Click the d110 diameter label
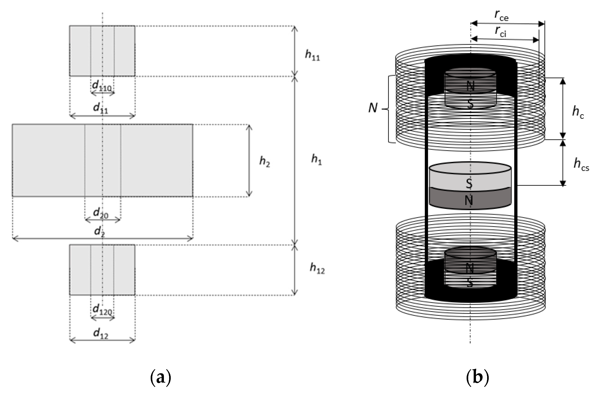pyautogui.click(x=102, y=86)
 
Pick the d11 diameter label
pyautogui.click(x=101, y=108)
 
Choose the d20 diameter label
pyautogui.click(x=101, y=213)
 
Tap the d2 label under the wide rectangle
pyautogui.click(x=99, y=231)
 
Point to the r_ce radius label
pyautogui.click(x=501, y=16)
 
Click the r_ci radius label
pyautogui.click(x=501, y=32)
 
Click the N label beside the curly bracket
pyautogui.click(x=373, y=108)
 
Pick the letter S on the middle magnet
pyautogui.click(x=469, y=183)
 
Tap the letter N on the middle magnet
pyautogui.click(x=469, y=200)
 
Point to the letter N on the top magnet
pyautogui.click(x=470, y=86)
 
